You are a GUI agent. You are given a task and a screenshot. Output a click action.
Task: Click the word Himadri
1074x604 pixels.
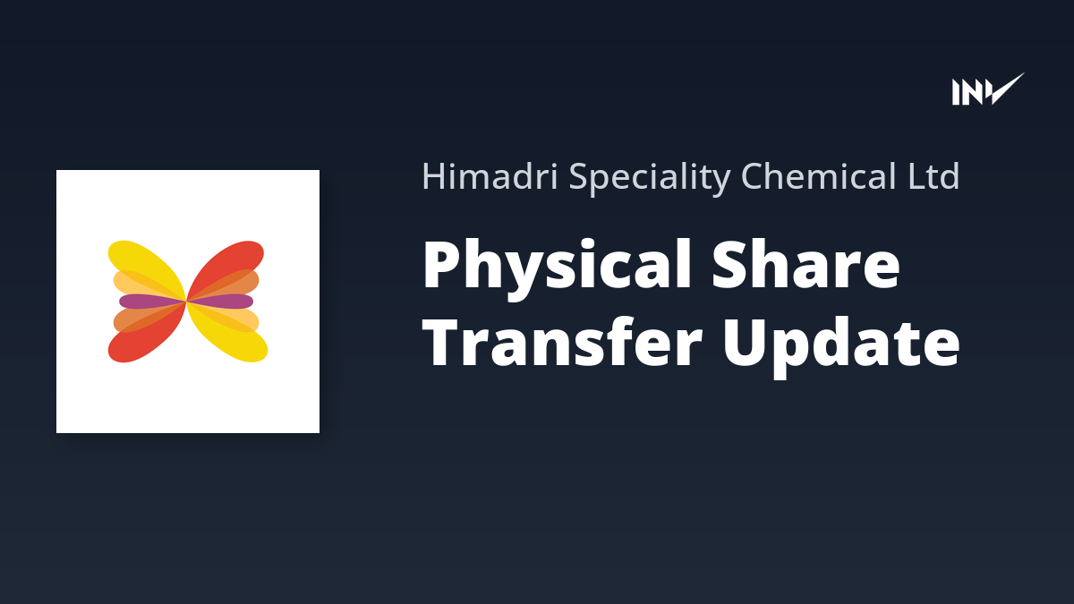[490, 176]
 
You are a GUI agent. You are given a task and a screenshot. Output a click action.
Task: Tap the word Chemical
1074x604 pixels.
[818, 176]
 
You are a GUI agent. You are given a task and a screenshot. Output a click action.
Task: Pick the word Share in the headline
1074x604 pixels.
[805, 264]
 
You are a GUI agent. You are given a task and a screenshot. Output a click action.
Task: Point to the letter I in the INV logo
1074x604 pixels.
[956, 92]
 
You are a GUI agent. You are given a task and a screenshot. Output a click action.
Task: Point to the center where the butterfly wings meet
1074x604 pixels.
[186, 302]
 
